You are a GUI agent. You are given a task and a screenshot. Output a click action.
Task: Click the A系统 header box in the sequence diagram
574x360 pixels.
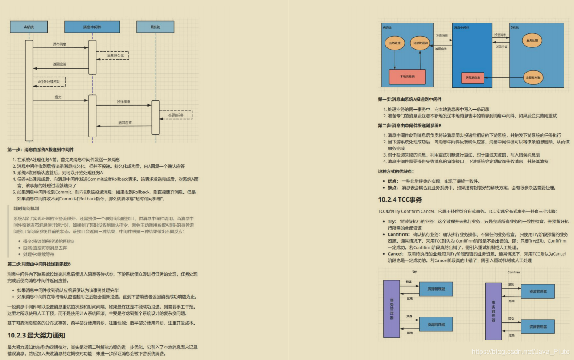(29, 27)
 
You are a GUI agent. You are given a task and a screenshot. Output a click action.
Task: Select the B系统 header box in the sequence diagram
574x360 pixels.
(155, 27)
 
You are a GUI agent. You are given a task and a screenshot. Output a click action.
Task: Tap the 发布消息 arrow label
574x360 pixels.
(60, 44)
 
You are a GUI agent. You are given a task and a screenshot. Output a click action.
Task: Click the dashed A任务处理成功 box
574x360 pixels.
(49, 81)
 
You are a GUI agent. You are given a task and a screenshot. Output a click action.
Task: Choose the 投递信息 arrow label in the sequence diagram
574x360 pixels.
(123, 102)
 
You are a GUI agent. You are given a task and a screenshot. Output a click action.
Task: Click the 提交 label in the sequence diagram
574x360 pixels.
(58, 97)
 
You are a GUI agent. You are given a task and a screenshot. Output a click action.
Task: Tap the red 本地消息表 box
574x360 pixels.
(407, 77)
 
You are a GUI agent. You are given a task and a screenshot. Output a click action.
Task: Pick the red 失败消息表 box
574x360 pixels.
(473, 78)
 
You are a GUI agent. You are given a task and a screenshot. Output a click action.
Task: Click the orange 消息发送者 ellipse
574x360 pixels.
(420, 43)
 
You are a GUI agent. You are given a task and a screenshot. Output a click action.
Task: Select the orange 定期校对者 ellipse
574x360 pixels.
(533, 77)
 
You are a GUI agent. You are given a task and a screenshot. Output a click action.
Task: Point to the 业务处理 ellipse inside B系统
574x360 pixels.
(532, 40)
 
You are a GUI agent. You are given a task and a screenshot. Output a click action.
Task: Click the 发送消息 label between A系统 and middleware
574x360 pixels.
(442, 35)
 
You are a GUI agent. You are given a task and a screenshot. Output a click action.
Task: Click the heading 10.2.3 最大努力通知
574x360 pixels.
(36, 335)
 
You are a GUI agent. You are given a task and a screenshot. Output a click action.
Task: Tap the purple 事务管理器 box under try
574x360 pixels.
(392, 309)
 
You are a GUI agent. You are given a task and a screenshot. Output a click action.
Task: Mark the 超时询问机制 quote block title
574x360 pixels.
(26, 208)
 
